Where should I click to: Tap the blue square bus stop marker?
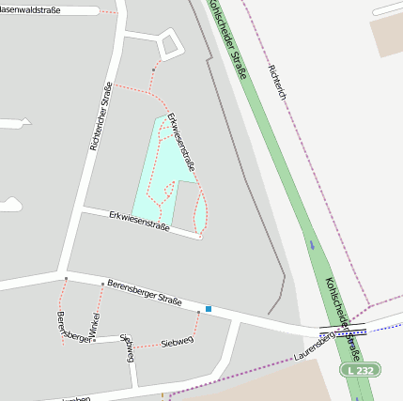pos(209,309)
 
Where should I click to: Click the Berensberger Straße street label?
pos(144,291)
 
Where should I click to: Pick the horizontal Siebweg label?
pos(177,340)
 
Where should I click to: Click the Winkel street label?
pos(95,324)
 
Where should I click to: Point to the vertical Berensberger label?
pos(62,326)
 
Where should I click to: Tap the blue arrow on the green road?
pos(312,245)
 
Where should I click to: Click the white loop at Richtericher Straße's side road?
pos(169,44)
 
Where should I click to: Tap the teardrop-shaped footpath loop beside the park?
pos(200,213)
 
